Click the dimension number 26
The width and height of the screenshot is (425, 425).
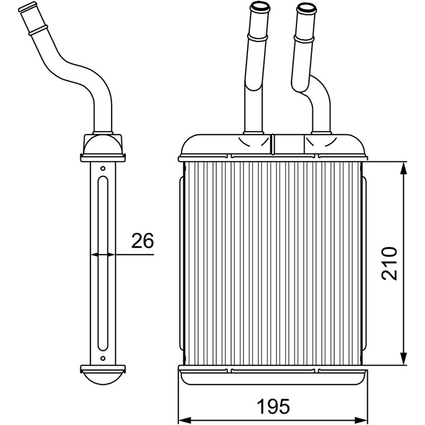142,241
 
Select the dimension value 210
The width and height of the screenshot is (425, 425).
389,263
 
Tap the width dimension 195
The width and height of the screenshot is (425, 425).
273,406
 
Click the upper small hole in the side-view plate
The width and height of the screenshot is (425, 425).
103,168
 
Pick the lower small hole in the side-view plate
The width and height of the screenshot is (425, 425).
103,358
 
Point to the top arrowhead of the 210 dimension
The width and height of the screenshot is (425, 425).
404,168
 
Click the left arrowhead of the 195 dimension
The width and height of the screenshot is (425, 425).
185,420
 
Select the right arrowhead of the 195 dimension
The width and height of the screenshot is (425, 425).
362,420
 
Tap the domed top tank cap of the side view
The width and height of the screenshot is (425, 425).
103,145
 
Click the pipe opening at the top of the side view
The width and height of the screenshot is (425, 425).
28,7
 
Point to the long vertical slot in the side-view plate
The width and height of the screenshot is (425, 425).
103,263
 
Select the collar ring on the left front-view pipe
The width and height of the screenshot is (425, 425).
258,37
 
